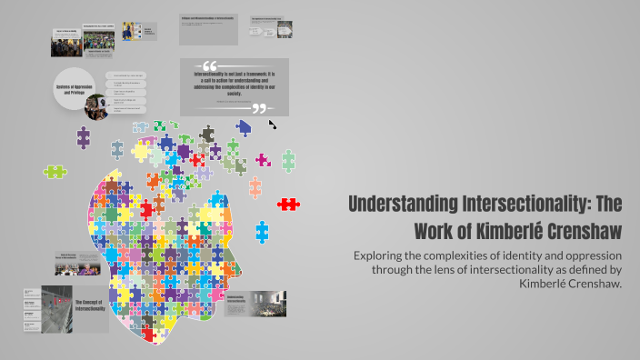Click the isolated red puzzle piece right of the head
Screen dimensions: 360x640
pos(288,204)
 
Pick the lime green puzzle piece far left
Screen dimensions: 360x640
pos(55,170)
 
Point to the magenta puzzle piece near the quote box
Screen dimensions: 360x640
pos(263,160)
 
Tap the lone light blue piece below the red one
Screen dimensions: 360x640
pos(263,231)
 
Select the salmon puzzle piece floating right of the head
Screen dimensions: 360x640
pos(255,187)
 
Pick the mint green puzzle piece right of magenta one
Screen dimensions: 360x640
pos(288,161)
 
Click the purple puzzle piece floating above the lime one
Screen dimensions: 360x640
pos(84,137)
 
